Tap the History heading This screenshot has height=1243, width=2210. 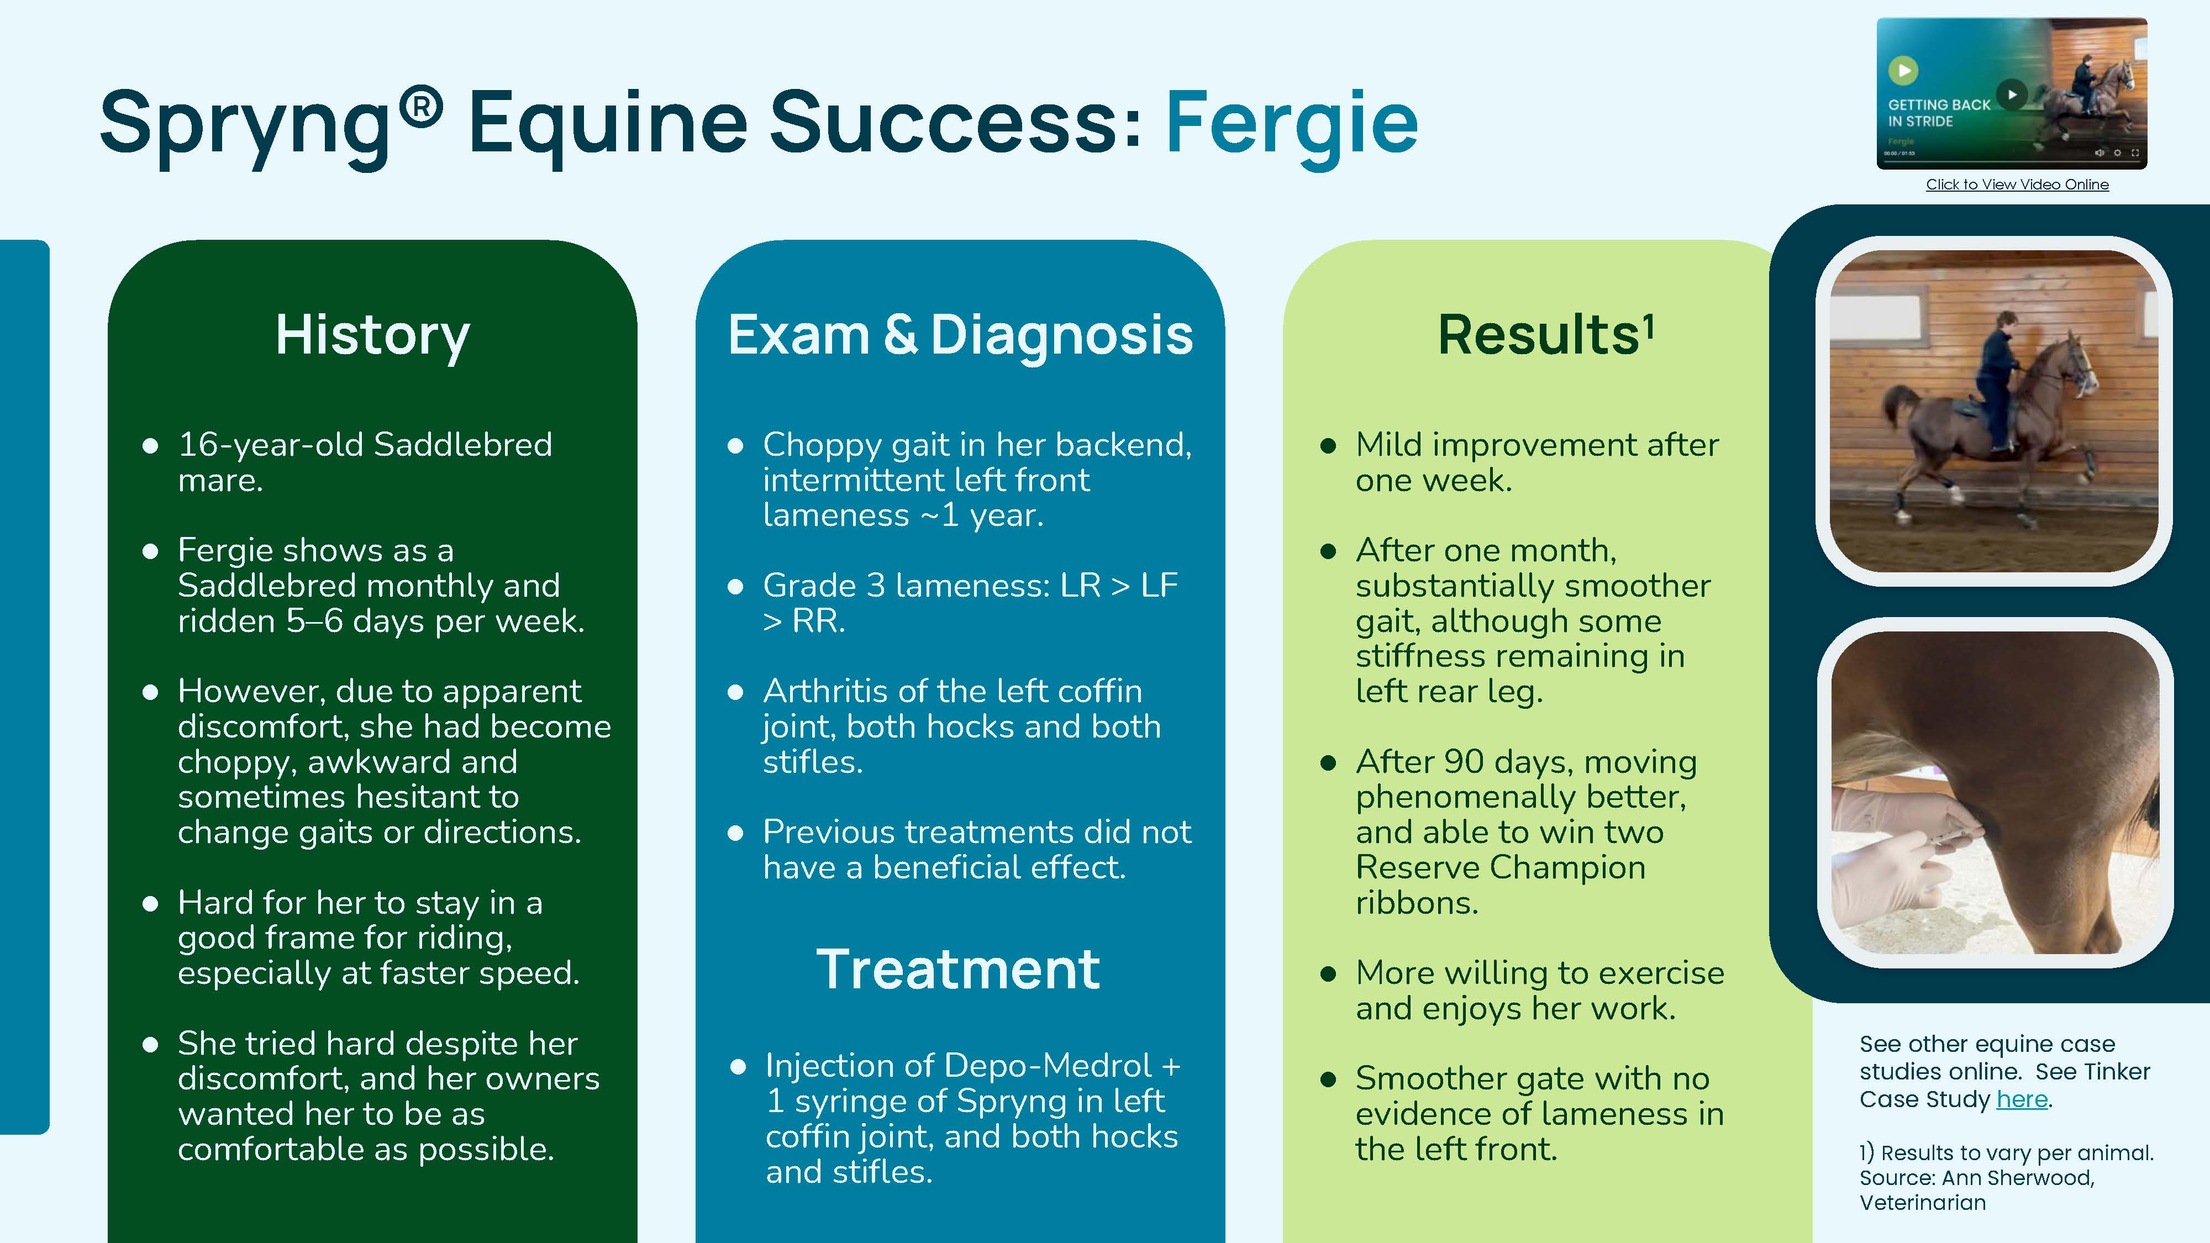pyautogui.click(x=372, y=335)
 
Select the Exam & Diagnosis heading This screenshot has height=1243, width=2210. pyautogui.click(x=960, y=335)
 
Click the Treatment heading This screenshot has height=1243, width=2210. pyautogui.click(x=957, y=970)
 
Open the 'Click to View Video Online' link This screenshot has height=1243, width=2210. pyautogui.click(x=2017, y=185)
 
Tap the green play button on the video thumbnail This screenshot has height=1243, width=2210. pyautogui.click(x=1903, y=70)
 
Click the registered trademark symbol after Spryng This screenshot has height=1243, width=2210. pyautogui.click(x=420, y=107)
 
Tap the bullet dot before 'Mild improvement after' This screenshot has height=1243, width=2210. pyautogui.click(x=1329, y=446)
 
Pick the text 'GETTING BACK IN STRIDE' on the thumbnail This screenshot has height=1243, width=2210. pyautogui.click(x=1938, y=112)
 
